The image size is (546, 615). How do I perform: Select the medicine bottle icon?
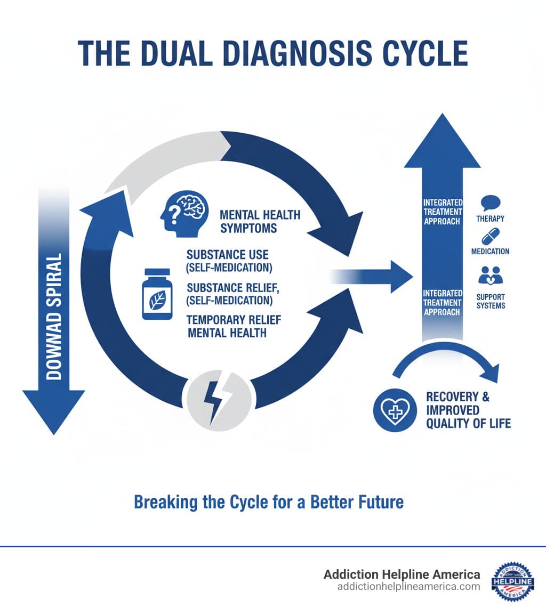157,294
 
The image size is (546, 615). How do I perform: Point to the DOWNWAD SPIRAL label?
54,317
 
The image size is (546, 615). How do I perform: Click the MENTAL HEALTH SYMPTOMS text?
260,222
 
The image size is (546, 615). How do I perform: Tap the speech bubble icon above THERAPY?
490,203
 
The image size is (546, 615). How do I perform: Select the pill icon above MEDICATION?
490,237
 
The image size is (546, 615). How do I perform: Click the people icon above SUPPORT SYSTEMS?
490,275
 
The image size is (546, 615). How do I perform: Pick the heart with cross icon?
395,409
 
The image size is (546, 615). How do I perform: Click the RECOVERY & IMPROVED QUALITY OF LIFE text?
468,410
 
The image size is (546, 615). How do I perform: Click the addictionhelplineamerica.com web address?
408,587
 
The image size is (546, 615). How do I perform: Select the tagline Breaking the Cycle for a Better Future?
268,502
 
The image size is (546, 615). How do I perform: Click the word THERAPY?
491,219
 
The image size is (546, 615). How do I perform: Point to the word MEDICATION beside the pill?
490,252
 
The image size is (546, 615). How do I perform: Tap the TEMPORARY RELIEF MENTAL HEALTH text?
233,326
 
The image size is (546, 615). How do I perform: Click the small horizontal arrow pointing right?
373,277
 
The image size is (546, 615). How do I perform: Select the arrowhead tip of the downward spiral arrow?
53,421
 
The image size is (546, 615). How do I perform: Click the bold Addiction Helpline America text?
402,574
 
